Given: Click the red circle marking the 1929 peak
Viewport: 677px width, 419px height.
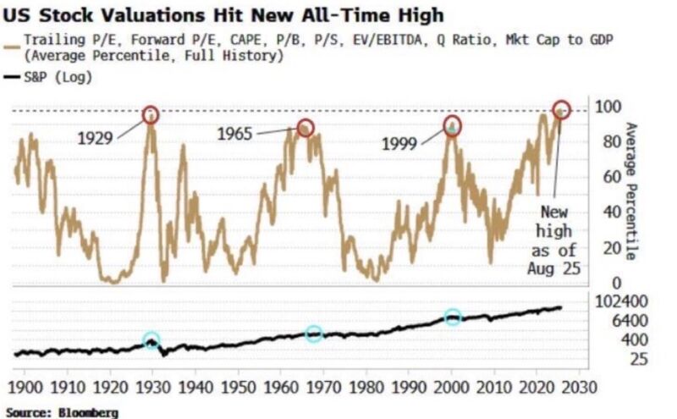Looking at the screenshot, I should coord(151,115).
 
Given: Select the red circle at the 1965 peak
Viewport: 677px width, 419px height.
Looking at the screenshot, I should coord(305,128).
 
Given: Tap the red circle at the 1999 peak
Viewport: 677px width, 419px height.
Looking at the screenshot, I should coord(454,127).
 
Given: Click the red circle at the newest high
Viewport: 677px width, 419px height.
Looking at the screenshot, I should coord(561,110).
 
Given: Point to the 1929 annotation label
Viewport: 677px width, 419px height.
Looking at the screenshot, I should coord(96,138).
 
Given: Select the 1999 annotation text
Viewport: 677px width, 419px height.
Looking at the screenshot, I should coord(399,144).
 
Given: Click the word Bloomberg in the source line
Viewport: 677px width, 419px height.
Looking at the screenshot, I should coord(91,412).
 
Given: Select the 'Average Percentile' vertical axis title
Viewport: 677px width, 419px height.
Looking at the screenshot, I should coord(630,191).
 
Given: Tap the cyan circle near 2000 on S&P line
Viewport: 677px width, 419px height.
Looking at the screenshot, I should coord(454,317).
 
